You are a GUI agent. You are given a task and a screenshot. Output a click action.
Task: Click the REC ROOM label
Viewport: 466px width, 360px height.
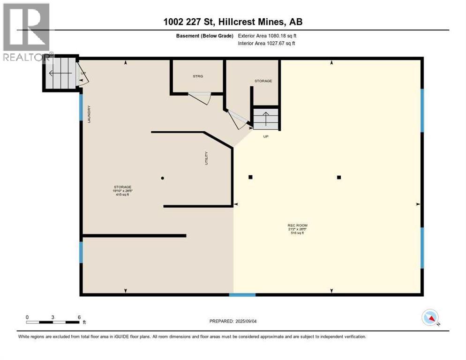[297, 225]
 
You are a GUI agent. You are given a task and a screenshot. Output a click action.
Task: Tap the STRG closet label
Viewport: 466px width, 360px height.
[198, 76]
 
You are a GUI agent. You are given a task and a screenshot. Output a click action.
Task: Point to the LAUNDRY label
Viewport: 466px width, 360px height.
[88, 114]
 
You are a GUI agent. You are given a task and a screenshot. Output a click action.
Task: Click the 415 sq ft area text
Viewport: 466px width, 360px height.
[121, 195]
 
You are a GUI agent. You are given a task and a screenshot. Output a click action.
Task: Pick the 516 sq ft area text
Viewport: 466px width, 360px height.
[297, 233]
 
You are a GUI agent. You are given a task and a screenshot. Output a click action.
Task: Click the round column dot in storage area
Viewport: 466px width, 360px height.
[162, 178]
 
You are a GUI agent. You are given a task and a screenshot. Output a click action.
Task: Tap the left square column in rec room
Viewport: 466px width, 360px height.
[250, 177]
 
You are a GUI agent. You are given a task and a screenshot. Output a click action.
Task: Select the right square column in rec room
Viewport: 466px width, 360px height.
[338, 177]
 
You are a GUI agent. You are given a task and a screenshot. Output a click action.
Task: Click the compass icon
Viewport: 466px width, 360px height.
[430, 318]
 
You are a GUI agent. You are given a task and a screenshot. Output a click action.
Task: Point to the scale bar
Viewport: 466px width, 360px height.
[53, 322]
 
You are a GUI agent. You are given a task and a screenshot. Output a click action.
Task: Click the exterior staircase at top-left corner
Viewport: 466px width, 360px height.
[61, 73]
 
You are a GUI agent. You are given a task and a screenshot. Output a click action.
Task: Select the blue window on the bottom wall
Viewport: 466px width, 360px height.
[242, 295]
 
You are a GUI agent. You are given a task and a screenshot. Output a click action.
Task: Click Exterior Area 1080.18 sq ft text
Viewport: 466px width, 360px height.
[267, 36]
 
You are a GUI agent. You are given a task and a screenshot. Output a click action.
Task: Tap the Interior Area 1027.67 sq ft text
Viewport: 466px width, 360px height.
[267, 44]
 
